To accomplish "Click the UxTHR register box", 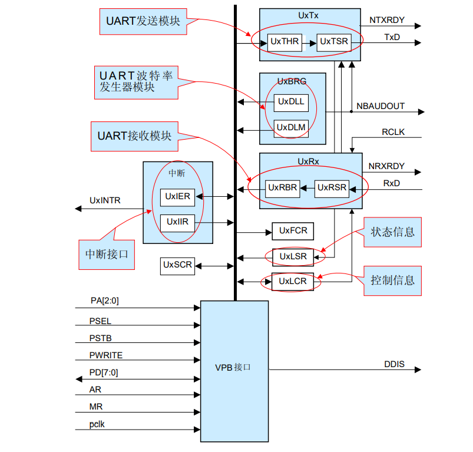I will [285, 42].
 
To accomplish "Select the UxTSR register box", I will [334, 42].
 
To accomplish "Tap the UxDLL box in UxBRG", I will [291, 101].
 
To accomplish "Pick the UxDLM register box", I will [291, 127].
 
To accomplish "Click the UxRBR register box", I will [282, 188].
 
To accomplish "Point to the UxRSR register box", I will [332, 188].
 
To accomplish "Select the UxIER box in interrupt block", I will [177, 197].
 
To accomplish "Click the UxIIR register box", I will [177, 222].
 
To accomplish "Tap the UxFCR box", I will [293, 231].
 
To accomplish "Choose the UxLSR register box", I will [293, 256].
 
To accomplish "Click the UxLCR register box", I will [293, 282].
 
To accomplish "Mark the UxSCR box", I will [177, 265].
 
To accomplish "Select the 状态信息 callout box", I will [392, 232].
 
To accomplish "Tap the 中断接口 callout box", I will [107, 255].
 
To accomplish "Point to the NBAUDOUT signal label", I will [381, 106].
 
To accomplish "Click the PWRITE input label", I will [106, 355].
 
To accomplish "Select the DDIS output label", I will [394, 364].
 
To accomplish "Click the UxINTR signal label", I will [105, 200].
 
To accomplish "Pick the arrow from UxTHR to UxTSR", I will [309, 42].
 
